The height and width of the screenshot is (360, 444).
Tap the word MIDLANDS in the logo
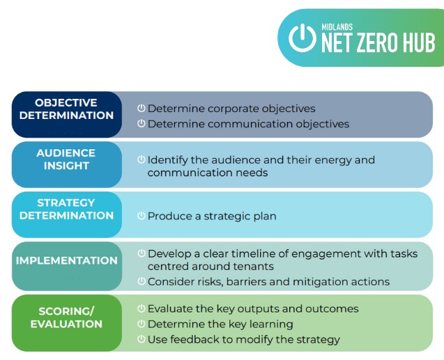[x=337, y=27]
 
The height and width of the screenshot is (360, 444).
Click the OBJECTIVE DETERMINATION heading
[x=66, y=109]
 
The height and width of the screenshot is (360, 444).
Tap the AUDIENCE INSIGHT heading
[x=66, y=159]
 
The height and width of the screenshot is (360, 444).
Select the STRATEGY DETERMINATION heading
[x=66, y=210]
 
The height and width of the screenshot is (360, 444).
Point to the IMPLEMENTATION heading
[x=66, y=260]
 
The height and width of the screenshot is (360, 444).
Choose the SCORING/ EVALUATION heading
[x=66, y=318]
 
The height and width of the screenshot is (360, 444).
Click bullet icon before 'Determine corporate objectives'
[x=141, y=108]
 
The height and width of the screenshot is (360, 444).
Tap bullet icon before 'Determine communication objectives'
[x=141, y=123]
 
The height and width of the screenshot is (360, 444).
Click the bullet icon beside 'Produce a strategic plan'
[x=141, y=216]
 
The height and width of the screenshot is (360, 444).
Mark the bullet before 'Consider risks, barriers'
[x=141, y=281]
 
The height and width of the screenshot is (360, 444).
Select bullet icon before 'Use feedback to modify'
[x=141, y=339]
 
